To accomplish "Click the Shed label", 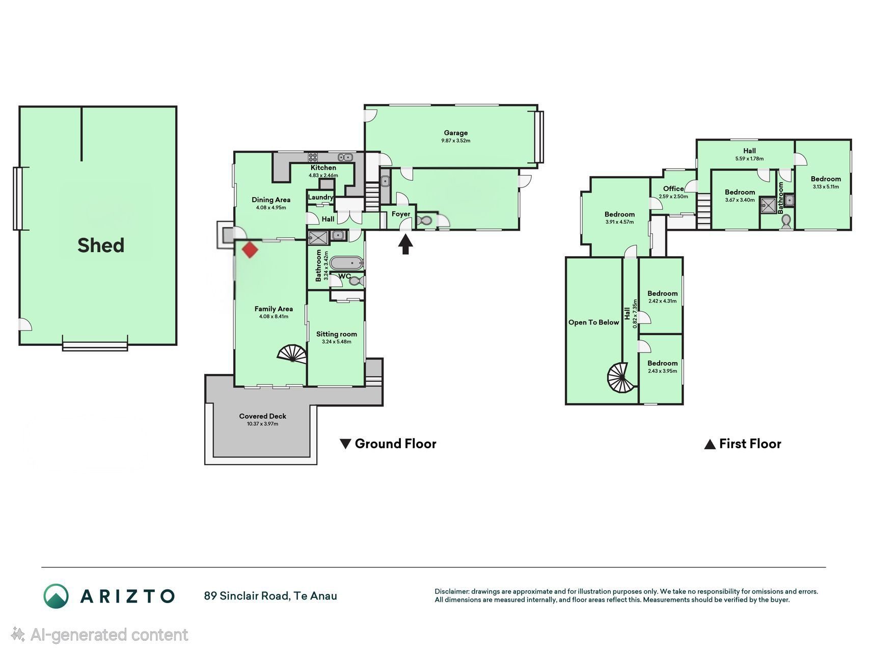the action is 101,246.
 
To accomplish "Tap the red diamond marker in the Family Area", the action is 250,250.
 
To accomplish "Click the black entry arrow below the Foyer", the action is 405,243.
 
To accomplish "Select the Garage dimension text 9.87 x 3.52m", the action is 456,141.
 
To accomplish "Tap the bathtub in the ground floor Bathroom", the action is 346,263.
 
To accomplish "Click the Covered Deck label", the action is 263,416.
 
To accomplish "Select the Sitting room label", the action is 337,334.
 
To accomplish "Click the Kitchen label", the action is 323,168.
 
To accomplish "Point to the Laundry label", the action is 320,197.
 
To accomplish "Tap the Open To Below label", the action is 594,322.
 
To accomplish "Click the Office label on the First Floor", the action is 673,188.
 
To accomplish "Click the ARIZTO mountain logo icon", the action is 56,596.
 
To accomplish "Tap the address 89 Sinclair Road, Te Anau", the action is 270,596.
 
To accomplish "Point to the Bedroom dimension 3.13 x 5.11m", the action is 826,186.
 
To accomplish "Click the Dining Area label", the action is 271,200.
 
